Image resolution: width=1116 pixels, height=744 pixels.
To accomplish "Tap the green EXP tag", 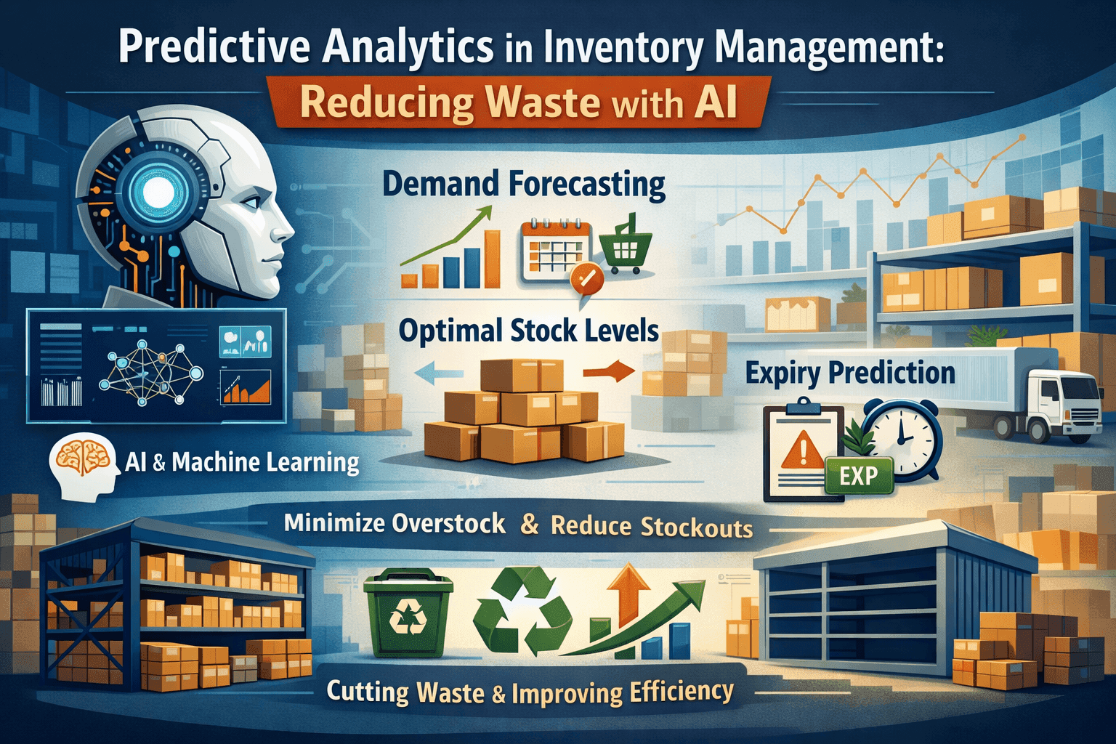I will (858, 476).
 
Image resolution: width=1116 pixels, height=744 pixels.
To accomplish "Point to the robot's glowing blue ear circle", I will (159, 191).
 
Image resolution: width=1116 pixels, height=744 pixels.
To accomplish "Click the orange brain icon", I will (82, 457).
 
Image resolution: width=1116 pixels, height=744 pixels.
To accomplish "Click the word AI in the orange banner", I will (715, 102).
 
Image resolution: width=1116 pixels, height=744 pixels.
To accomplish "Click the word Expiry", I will (784, 374).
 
